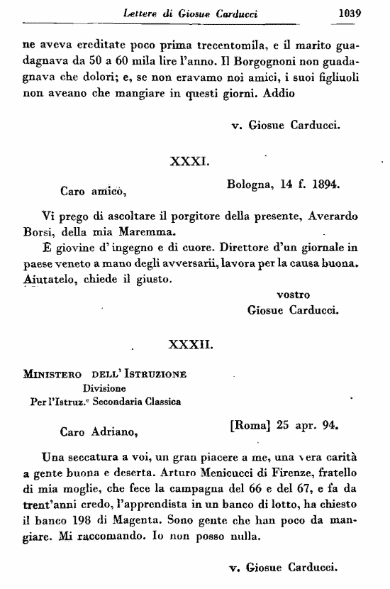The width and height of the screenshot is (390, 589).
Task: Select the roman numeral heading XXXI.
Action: (189, 162)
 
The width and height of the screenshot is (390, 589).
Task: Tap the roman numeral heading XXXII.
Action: (189, 345)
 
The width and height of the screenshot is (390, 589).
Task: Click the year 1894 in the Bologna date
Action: (323, 184)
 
